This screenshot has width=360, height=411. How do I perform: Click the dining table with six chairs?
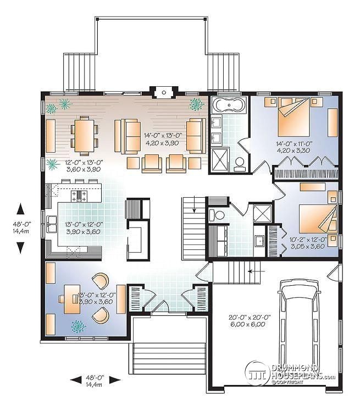(x=84, y=135)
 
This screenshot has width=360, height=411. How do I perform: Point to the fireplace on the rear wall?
(x=163, y=91)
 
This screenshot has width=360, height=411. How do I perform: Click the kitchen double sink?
(x=53, y=224)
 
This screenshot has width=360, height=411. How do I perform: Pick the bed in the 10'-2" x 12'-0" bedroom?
(x=315, y=219)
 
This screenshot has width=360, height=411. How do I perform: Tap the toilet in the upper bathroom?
(x=240, y=162)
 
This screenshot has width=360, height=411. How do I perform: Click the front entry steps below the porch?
(x=160, y=358)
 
